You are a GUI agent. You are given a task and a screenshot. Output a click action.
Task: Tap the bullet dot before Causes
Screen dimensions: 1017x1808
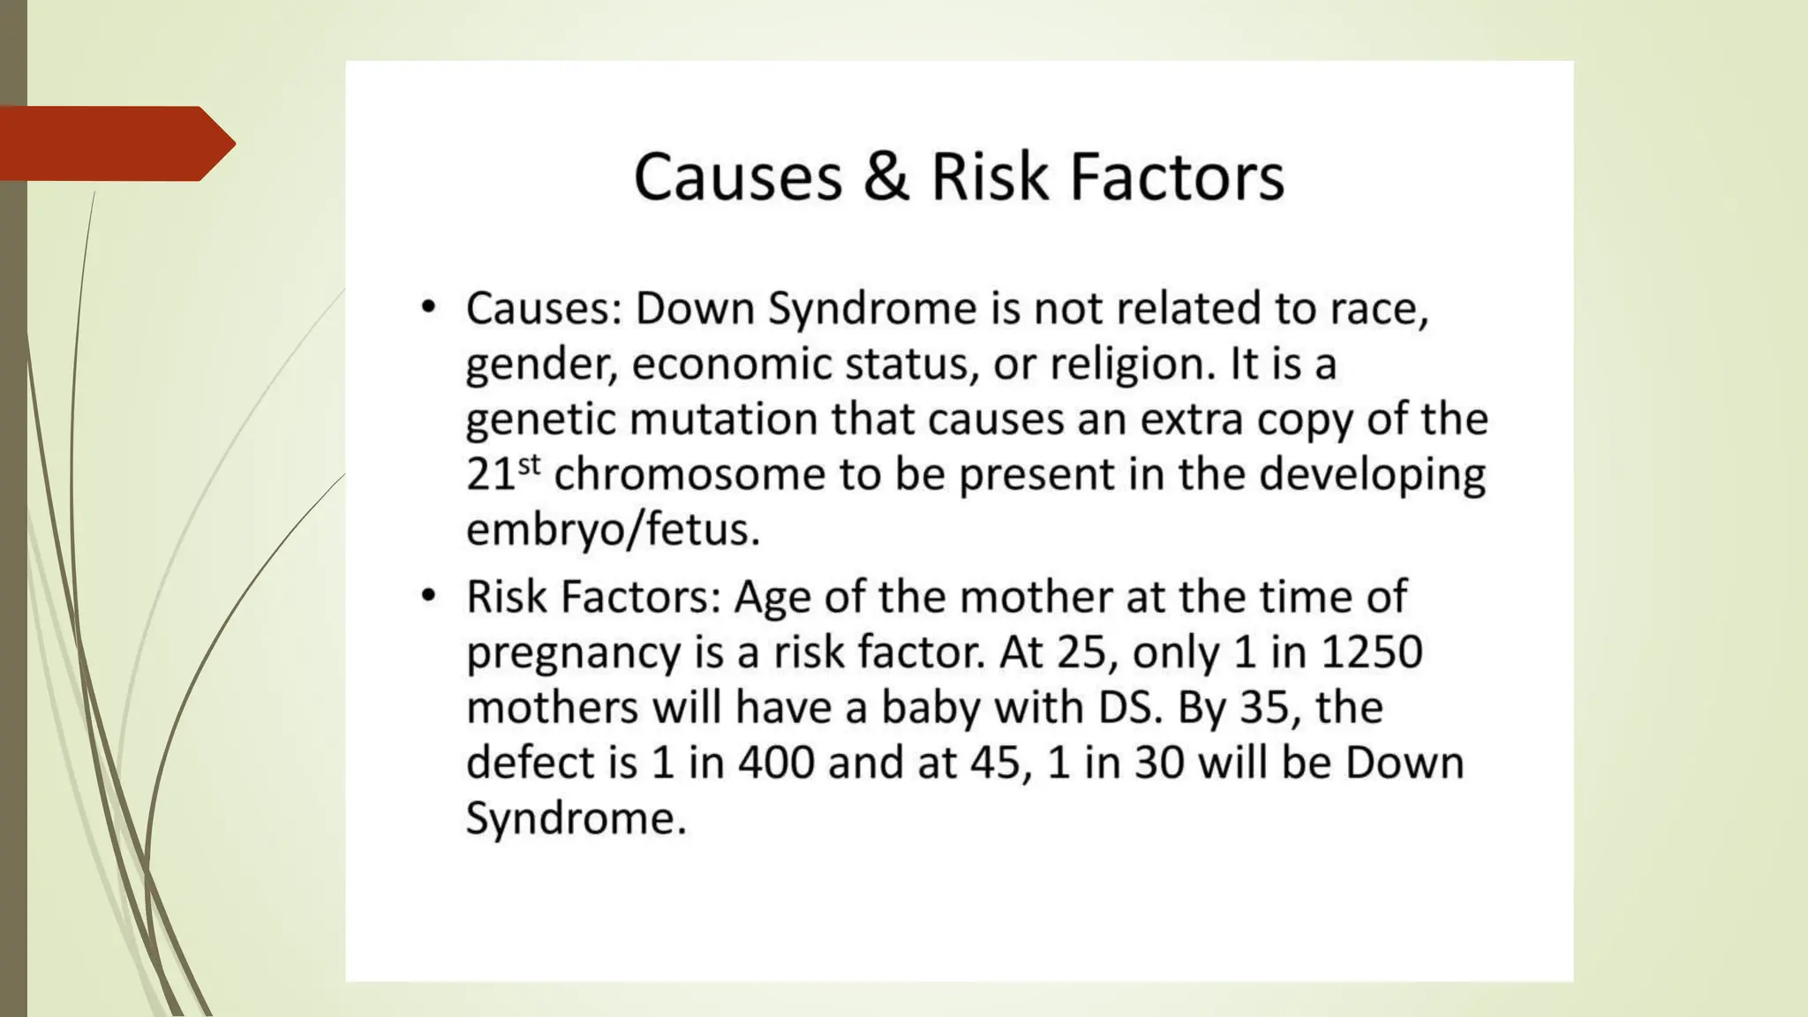coord(428,308)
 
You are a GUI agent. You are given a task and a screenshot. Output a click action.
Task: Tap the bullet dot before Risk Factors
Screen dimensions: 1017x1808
coord(428,596)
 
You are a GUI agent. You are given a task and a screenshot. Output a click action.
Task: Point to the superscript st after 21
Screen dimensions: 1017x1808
coord(529,464)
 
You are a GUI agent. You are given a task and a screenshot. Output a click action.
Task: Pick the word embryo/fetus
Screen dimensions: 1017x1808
coord(613,530)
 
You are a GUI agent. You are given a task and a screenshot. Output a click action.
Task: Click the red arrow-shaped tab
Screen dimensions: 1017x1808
coord(115,143)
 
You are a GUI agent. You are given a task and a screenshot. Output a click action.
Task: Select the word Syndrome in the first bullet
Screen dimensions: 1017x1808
coord(872,310)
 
